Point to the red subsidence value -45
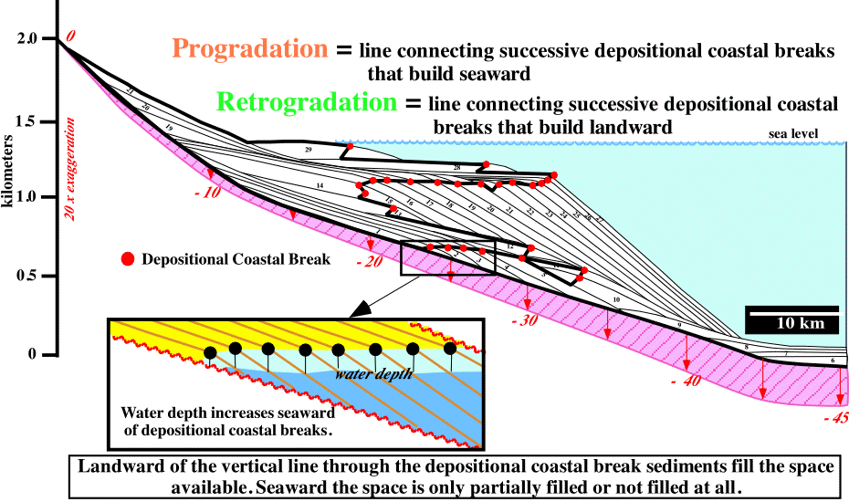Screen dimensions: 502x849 (835, 419)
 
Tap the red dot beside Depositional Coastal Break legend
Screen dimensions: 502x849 (128, 259)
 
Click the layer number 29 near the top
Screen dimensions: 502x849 (308, 148)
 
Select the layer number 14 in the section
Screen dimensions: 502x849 (320, 185)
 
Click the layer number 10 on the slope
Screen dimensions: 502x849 (617, 299)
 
